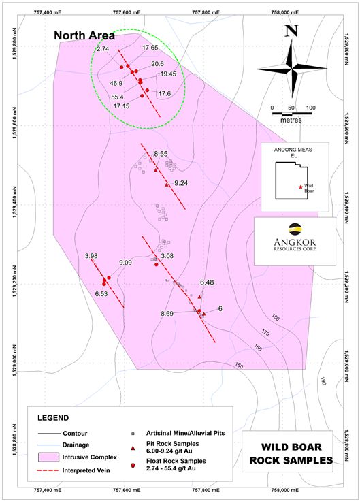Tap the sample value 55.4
(x=118, y=97)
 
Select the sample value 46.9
(x=116, y=83)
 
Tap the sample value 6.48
(x=207, y=282)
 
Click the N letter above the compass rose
(x=291, y=31)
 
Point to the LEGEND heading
(x=52, y=417)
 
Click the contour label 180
(x=275, y=318)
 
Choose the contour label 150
(x=239, y=366)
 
